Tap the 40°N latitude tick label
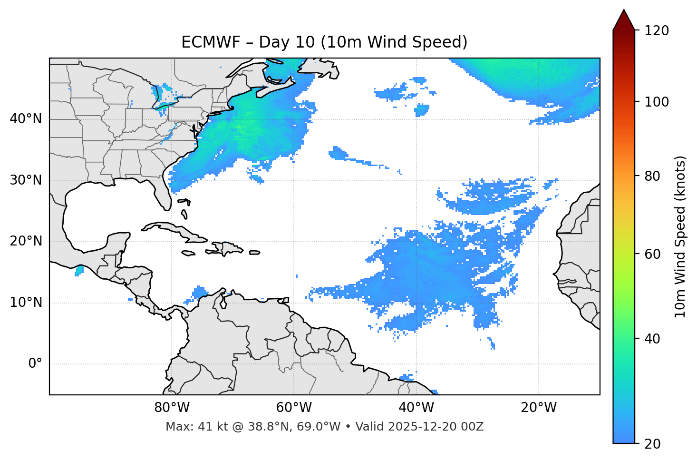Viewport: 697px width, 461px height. click(26, 119)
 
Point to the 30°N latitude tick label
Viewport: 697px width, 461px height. click(26, 180)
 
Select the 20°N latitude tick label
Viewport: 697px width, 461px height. click(26, 241)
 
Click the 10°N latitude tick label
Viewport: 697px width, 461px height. click(26, 303)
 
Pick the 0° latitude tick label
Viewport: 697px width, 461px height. click(35, 364)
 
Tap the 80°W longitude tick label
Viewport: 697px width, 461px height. click(172, 408)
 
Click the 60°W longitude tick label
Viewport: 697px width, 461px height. click(294, 408)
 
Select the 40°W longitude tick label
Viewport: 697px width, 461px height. click(416, 408)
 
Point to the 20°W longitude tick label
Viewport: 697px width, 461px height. click(538, 408)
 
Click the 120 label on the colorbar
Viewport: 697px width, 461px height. click(656, 31)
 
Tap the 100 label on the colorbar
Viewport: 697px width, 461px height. click(656, 102)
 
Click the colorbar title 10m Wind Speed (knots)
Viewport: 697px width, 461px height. click(680, 236)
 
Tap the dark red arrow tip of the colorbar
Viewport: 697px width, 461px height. click(624, 19)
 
